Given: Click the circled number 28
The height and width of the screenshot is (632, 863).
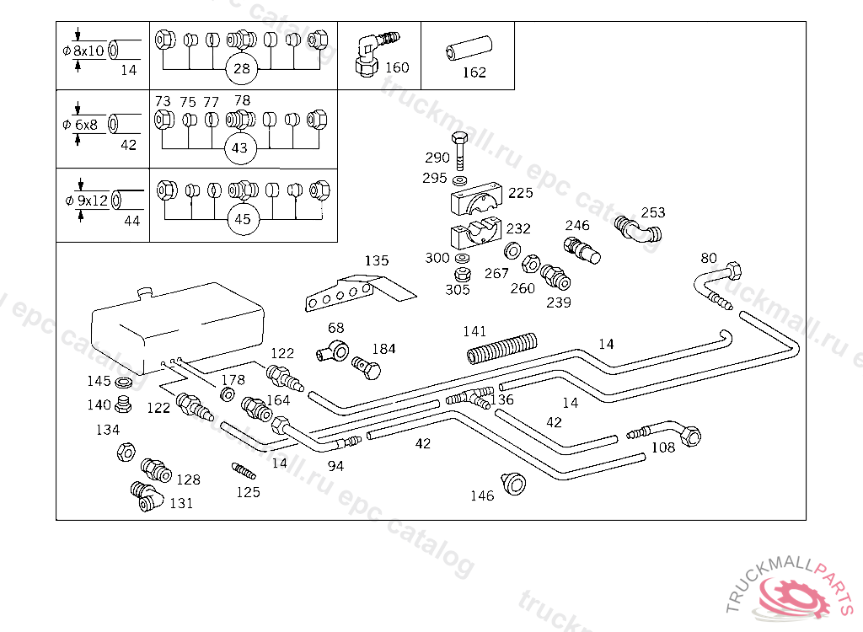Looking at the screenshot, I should click(242, 68).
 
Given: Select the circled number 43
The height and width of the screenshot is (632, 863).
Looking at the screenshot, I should click(240, 147).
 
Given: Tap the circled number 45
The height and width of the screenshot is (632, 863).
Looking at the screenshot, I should click(243, 219).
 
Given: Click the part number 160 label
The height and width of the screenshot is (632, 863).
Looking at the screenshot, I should click(396, 67).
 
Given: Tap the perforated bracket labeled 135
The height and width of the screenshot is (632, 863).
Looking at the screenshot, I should click(354, 290).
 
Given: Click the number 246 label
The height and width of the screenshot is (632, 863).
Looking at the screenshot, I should click(577, 225).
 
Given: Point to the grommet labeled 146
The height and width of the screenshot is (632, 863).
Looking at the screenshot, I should click(512, 483).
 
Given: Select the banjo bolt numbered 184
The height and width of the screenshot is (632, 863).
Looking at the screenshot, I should click(367, 367).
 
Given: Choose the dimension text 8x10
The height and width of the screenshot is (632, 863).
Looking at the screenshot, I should click(88, 51).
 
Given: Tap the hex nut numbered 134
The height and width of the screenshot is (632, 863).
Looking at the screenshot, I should click(126, 451).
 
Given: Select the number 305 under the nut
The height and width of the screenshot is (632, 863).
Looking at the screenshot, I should click(458, 290).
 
